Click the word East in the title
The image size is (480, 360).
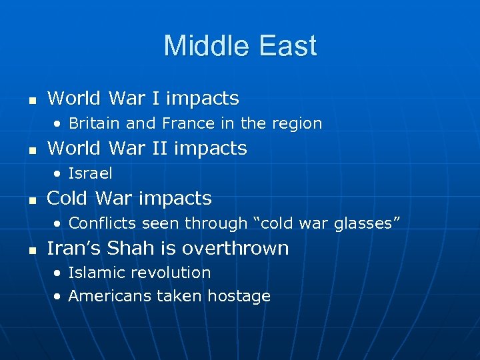[288, 47]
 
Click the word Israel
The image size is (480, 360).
[90, 173]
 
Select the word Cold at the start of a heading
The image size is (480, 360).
[68, 198]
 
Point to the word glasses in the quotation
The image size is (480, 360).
[366, 224]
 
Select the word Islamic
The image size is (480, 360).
[94, 273]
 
